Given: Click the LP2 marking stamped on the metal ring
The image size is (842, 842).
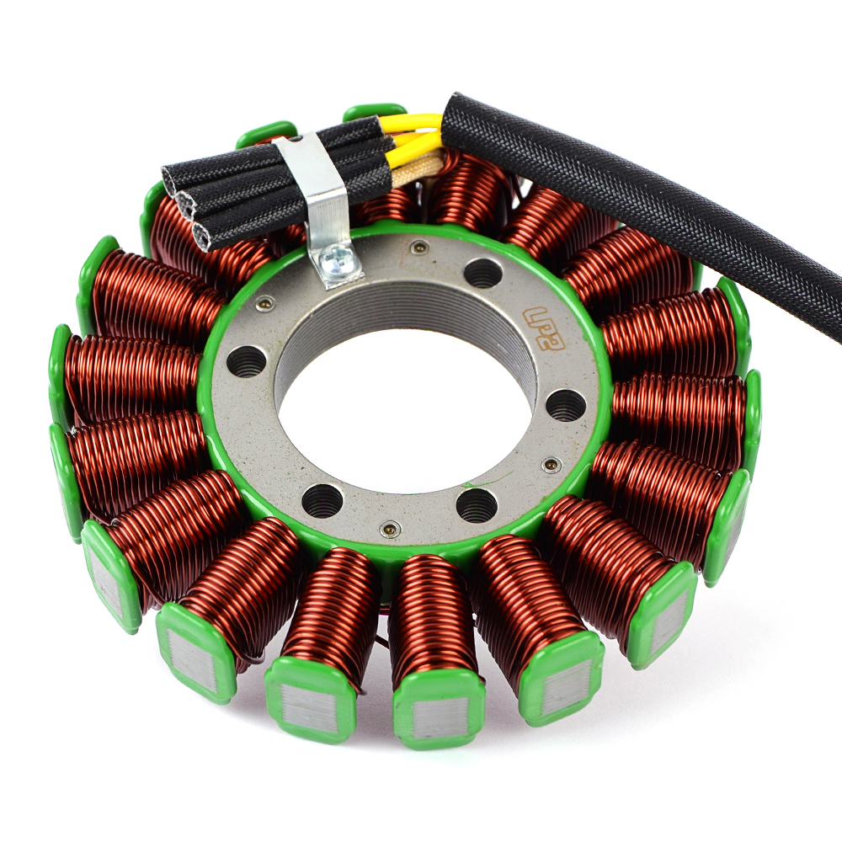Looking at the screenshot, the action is [545, 329].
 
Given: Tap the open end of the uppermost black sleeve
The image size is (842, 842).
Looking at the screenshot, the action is [173, 176].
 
